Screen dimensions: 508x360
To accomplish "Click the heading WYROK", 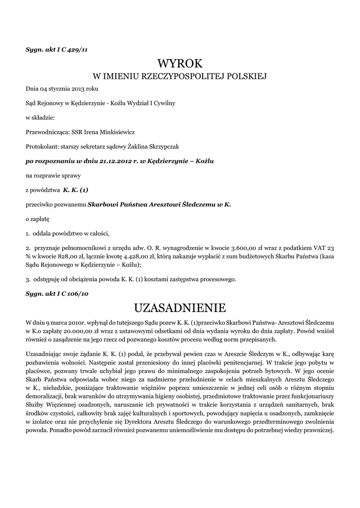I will tap(180, 63).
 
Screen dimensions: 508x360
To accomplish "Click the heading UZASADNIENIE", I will tap(180, 308).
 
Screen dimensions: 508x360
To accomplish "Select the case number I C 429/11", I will tap(72, 49).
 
